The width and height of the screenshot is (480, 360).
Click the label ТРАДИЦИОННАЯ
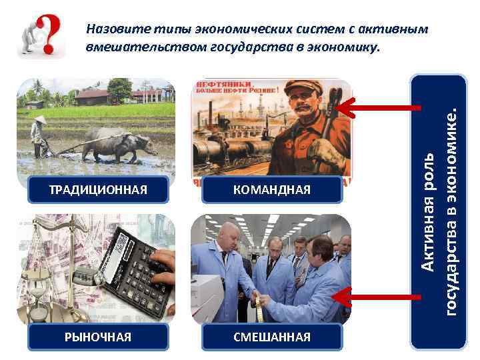click(x=98, y=190)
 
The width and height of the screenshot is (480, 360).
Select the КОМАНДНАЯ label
click(x=272, y=190)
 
